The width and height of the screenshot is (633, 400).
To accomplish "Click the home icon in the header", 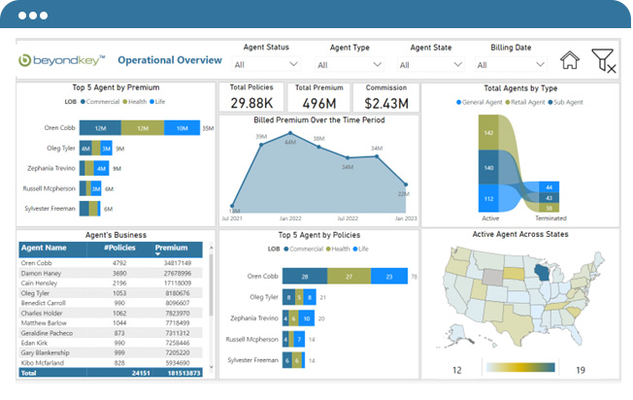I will click(x=570, y=60).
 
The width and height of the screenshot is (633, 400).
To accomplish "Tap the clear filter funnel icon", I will click(x=603, y=60).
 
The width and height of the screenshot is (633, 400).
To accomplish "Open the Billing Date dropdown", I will click(x=511, y=65).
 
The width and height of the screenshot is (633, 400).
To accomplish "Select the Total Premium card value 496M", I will click(x=318, y=102).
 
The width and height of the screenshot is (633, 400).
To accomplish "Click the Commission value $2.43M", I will click(x=386, y=102).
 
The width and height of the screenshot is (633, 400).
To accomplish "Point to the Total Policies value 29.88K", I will click(x=250, y=102).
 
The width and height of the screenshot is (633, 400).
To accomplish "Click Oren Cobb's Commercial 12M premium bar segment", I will click(x=100, y=128).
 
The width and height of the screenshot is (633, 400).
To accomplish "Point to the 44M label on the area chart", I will click(x=289, y=143).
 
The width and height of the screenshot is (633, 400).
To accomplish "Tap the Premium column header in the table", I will click(x=171, y=249).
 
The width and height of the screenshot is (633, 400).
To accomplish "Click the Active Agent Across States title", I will click(x=521, y=234).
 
